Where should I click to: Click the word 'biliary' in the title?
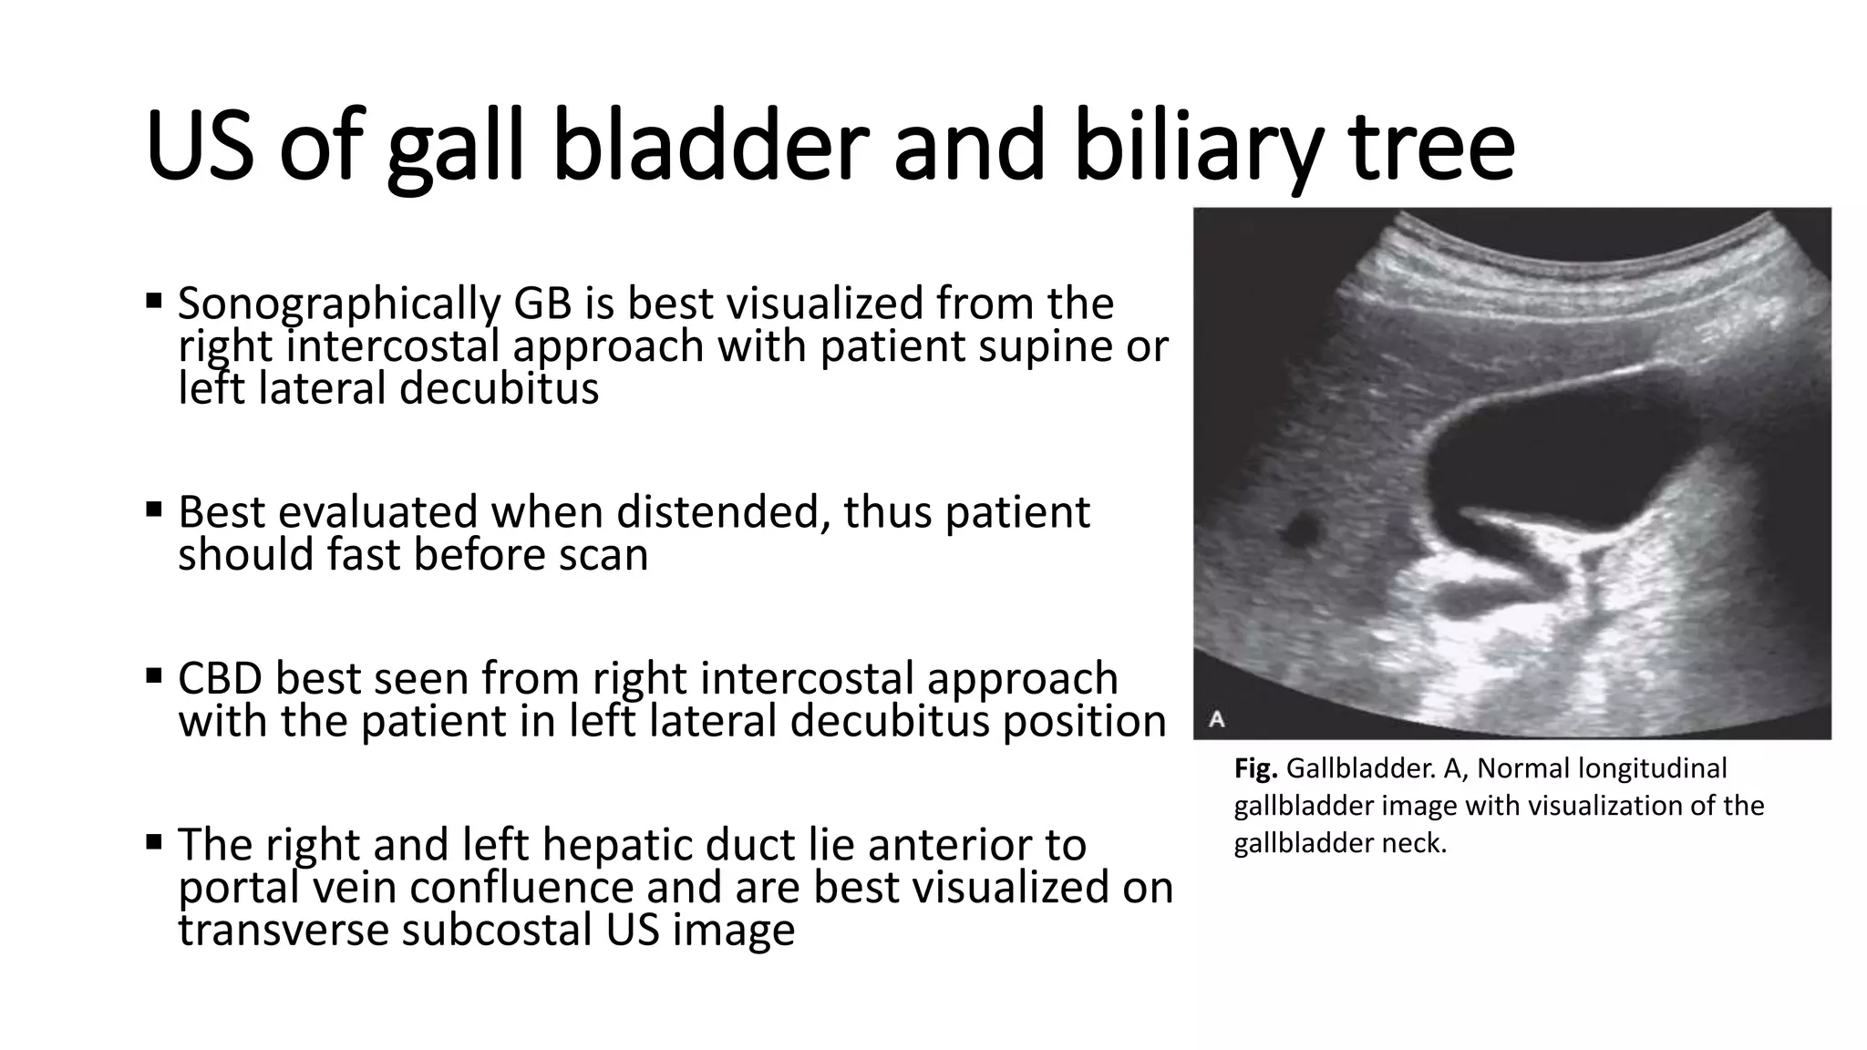coord(1194,146)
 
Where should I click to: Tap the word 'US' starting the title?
coord(199,146)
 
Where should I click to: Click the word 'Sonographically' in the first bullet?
coord(338,305)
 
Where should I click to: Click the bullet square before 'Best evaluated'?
coord(153,507)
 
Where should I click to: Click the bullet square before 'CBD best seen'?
coord(153,674)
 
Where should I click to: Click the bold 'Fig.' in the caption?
coord(1255,768)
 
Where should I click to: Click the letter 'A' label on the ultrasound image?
coord(1216,719)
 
